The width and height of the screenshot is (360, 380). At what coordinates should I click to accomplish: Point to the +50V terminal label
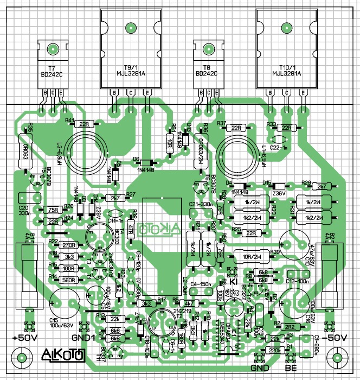click(23, 338)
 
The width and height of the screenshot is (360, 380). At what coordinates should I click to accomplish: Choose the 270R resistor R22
click(69, 245)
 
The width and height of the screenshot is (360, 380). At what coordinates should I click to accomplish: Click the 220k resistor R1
click(274, 351)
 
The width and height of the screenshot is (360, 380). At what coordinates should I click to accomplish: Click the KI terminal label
click(234, 280)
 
